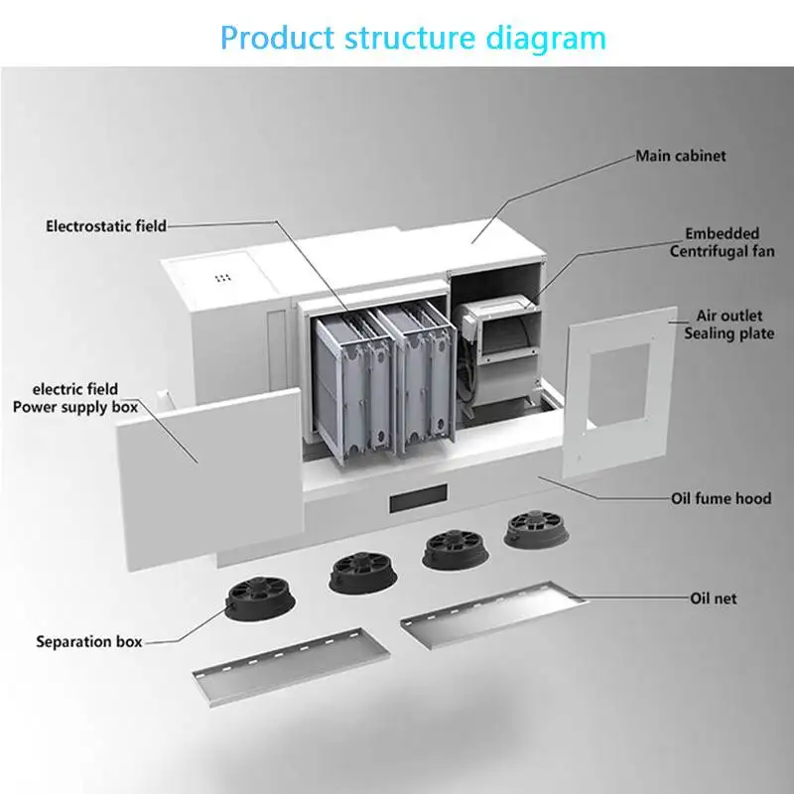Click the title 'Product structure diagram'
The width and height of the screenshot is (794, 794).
[412, 38]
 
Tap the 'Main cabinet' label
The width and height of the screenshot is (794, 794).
[680, 156]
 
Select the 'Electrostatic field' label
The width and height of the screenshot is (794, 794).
[106, 226]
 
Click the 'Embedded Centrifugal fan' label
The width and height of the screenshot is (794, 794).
[721, 243]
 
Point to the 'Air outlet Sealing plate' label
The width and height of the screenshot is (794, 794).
[728, 326]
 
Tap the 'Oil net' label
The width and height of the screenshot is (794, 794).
[713, 598]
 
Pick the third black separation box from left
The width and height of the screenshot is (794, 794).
[453, 548]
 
